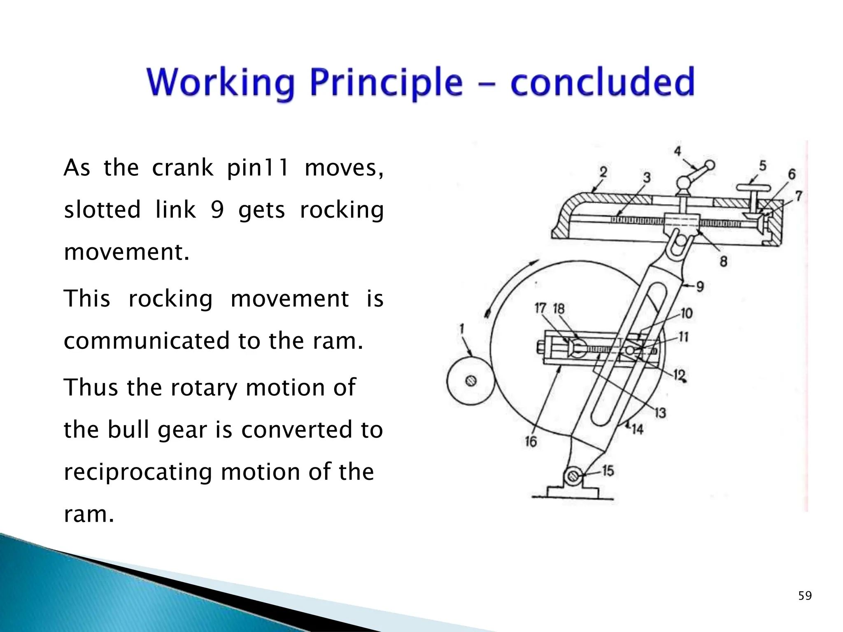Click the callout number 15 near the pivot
(x=608, y=471)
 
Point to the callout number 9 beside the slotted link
(x=700, y=286)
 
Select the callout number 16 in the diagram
(x=531, y=441)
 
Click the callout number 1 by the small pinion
(x=462, y=328)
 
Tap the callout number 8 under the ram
(x=723, y=261)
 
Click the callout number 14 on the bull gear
(x=637, y=430)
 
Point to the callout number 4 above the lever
(x=678, y=151)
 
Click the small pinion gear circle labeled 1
(x=470, y=381)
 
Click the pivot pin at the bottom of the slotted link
(x=572, y=476)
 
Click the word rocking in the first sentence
(x=342, y=210)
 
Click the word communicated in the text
(x=146, y=341)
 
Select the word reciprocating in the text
(x=138, y=472)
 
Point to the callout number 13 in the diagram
(x=660, y=412)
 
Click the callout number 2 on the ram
(x=603, y=172)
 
